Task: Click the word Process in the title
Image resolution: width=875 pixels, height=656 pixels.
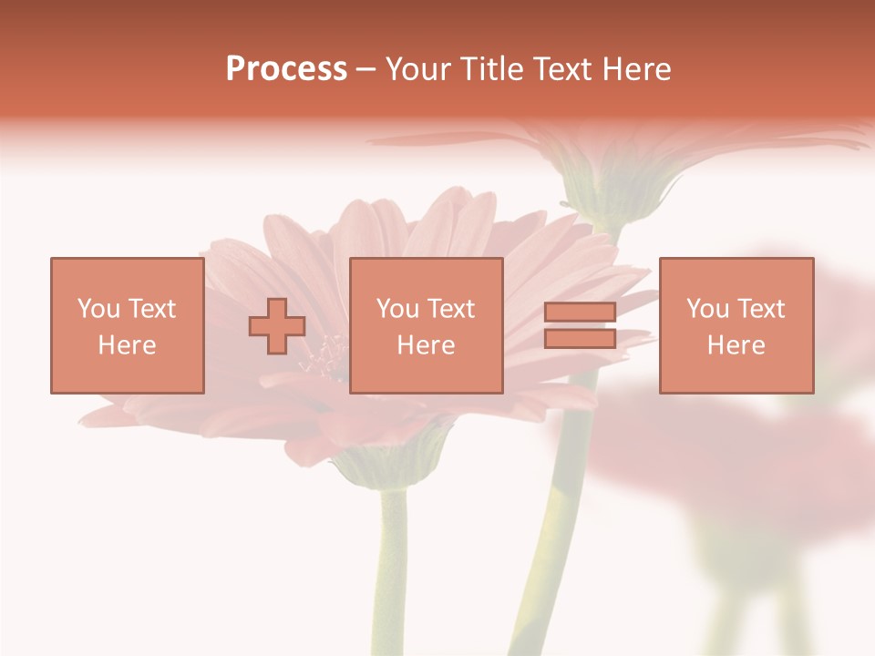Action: [x=286, y=69]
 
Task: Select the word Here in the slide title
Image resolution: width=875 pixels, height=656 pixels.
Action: [x=637, y=69]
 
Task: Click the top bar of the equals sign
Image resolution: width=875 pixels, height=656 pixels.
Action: [x=580, y=313]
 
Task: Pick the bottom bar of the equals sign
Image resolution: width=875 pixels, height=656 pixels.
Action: [x=580, y=338]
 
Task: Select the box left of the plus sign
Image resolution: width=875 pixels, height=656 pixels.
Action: [x=127, y=325]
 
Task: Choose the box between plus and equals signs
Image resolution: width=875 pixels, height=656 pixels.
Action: [x=426, y=325]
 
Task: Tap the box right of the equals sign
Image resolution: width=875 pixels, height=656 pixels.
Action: [x=736, y=325]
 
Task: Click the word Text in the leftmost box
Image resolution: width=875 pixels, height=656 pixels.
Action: [x=152, y=309]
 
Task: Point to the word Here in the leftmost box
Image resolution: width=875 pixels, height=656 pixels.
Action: [x=127, y=345]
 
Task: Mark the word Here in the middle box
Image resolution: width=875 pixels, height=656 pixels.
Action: [x=426, y=345]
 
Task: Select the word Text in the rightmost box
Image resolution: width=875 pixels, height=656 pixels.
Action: [x=761, y=309]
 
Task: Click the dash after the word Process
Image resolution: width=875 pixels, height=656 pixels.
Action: [x=366, y=69]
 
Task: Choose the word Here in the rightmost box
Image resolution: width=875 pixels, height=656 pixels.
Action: [x=736, y=345]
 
